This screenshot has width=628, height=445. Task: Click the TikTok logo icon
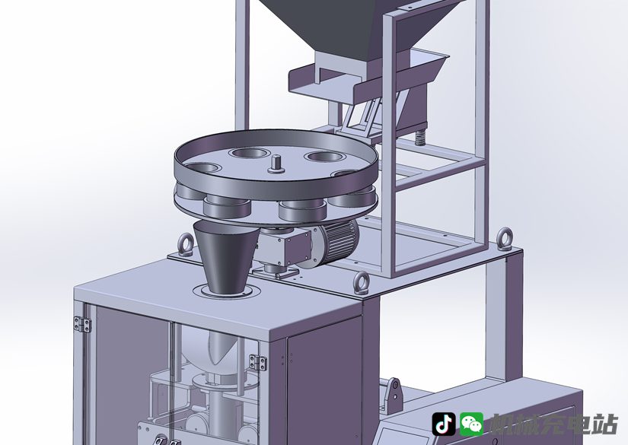click(x=443, y=424)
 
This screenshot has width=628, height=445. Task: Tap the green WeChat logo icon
click(x=471, y=424)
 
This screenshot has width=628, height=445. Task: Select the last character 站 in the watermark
click(x=604, y=424)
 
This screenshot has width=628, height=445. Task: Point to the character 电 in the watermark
click(x=578, y=424)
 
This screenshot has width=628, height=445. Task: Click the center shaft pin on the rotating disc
click(x=277, y=164)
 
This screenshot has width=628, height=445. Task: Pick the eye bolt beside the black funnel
click(x=186, y=243)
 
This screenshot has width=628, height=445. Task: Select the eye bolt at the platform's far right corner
click(x=504, y=239)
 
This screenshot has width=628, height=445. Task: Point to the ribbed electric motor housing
click(x=335, y=242)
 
